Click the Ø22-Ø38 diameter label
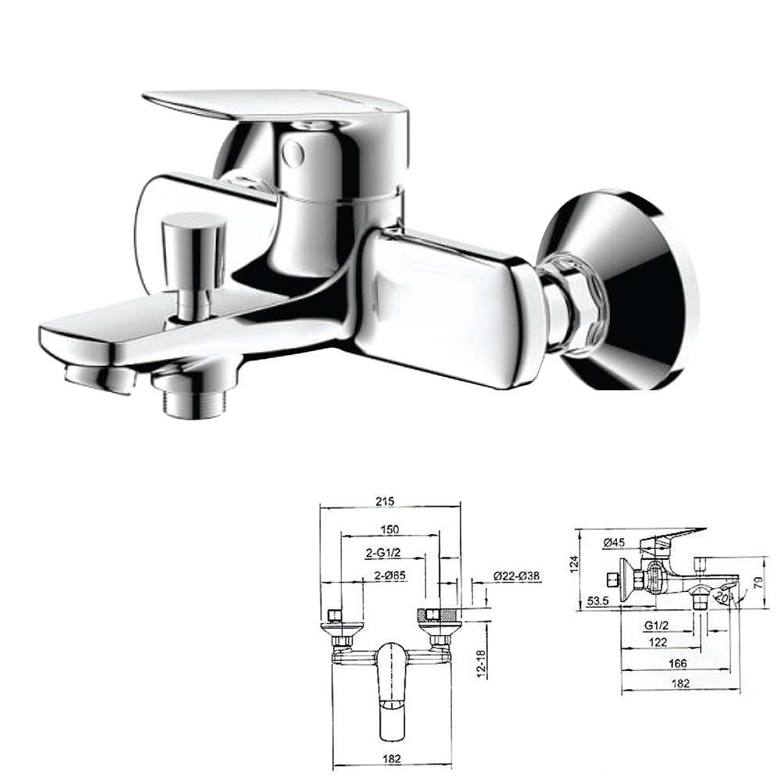coord(517,576)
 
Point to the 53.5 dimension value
coord(598,601)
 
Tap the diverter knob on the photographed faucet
coord(193,235)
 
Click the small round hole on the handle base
coord(294,152)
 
